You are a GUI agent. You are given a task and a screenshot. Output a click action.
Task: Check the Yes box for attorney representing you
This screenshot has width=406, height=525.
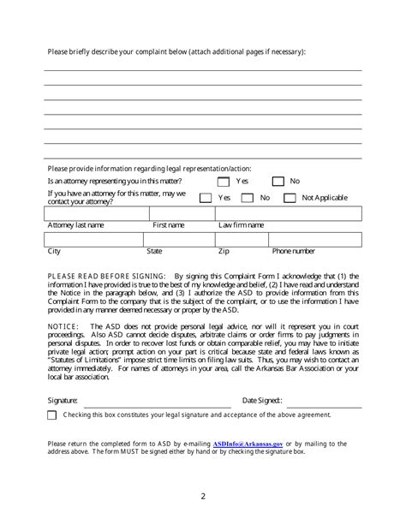pyautogui.click(x=224, y=182)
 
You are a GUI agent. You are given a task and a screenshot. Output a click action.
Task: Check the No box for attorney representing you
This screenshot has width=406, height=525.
pyautogui.click(x=278, y=182)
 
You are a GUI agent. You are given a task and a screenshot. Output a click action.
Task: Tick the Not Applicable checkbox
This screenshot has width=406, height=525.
pyautogui.click(x=290, y=198)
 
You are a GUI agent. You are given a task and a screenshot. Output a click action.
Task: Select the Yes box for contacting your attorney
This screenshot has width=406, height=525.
pyautogui.click(x=206, y=198)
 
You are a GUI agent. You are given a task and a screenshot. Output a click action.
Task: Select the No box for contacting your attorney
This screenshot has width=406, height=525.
pyautogui.click(x=247, y=198)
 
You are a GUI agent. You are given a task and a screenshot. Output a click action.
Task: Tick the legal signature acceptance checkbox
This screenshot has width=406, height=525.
pyautogui.click(x=52, y=415)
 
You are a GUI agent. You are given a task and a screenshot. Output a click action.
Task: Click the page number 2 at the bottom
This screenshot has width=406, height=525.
pyautogui.click(x=202, y=496)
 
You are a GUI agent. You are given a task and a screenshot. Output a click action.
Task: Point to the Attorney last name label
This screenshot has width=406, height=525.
pyautogui.click(x=75, y=225)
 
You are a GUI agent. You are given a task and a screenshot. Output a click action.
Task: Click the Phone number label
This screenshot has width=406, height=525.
pyautogui.click(x=294, y=252)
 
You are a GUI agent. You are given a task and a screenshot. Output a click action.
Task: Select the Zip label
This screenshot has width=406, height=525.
pyautogui.click(x=224, y=252)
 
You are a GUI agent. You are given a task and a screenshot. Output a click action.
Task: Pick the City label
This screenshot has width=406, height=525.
pyautogui.click(x=54, y=252)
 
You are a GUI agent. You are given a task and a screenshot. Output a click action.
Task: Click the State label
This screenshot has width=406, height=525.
pyautogui.click(x=154, y=252)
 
